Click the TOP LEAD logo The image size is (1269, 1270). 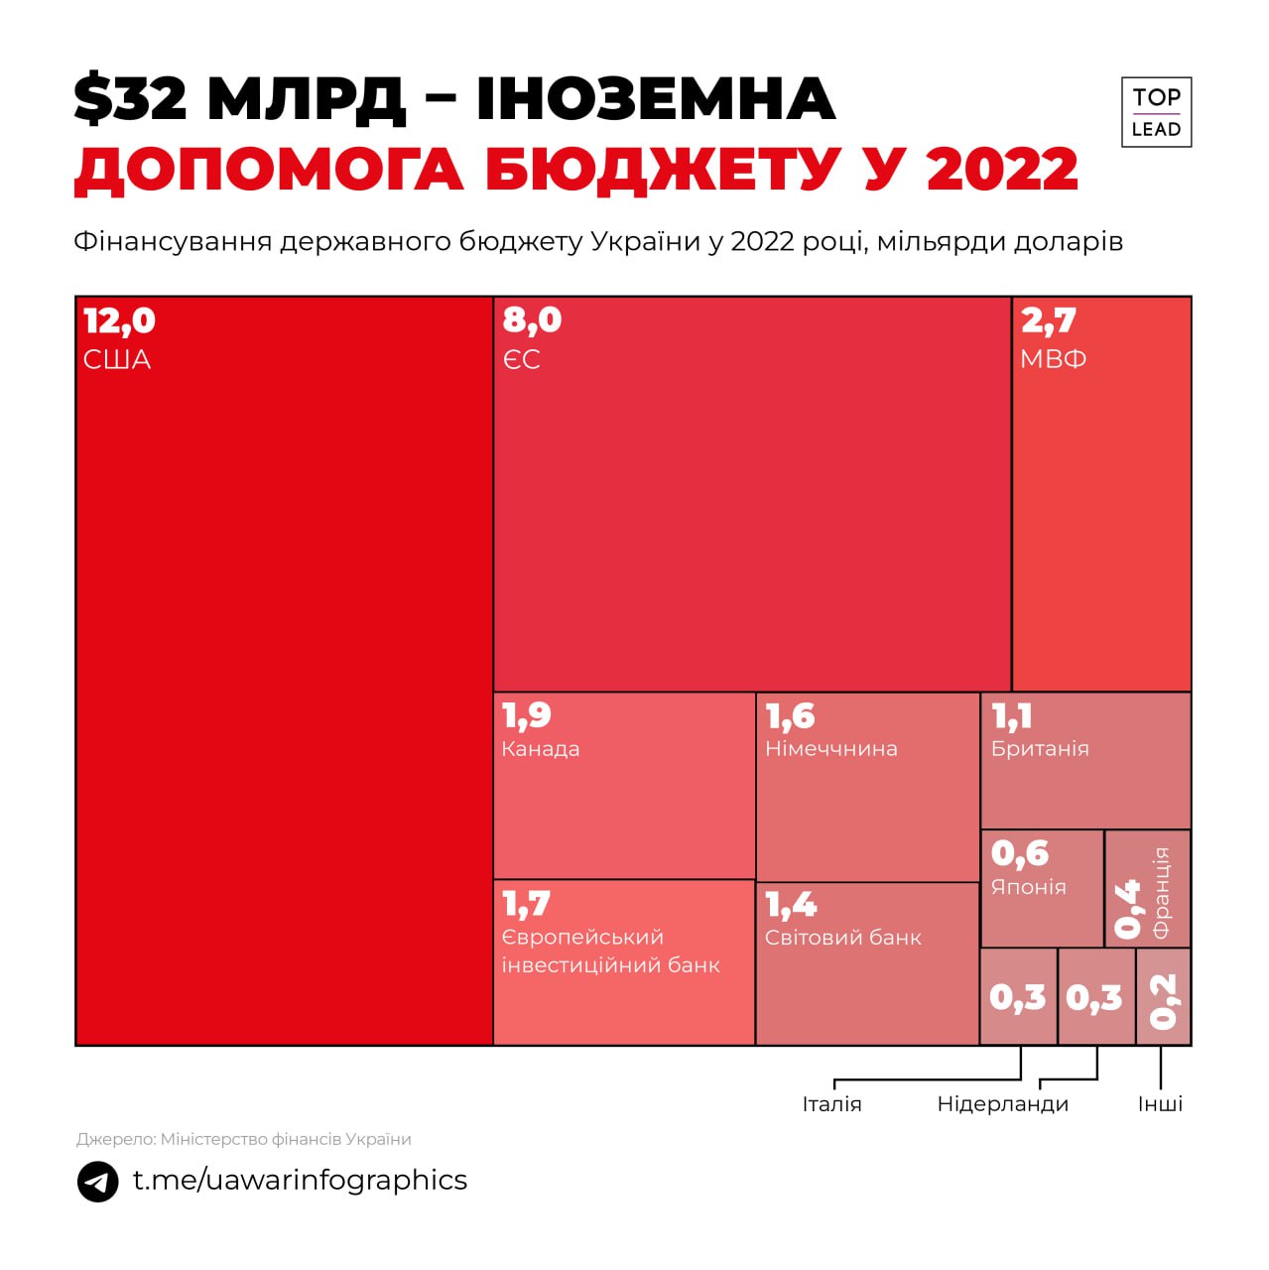tap(1156, 112)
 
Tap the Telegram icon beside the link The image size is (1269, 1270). tap(98, 1182)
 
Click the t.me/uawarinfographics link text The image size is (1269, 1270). tap(300, 1180)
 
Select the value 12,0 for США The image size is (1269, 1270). tap(120, 320)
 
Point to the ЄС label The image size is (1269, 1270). tap(522, 359)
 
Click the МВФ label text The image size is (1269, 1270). tap(1053, 359)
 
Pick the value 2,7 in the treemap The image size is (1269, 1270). tap(1048, 320)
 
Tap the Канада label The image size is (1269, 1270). tap(541, 749)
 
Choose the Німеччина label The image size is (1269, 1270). tap(830, 749)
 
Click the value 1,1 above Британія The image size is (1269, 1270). tap(1012, 716)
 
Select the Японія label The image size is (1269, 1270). tap(1029, 887)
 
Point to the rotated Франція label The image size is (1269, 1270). tap(1162, 892)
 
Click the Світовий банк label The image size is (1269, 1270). tap(843, 938)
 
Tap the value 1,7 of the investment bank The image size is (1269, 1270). tap(526, 904)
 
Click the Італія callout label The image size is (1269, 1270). tap(831, 1104)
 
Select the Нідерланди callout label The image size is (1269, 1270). tap(1002, 1104)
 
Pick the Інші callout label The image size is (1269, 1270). tap(1160, 1104)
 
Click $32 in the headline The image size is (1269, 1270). tap(130, 99)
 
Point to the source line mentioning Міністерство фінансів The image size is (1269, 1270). tap(243, 1139)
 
